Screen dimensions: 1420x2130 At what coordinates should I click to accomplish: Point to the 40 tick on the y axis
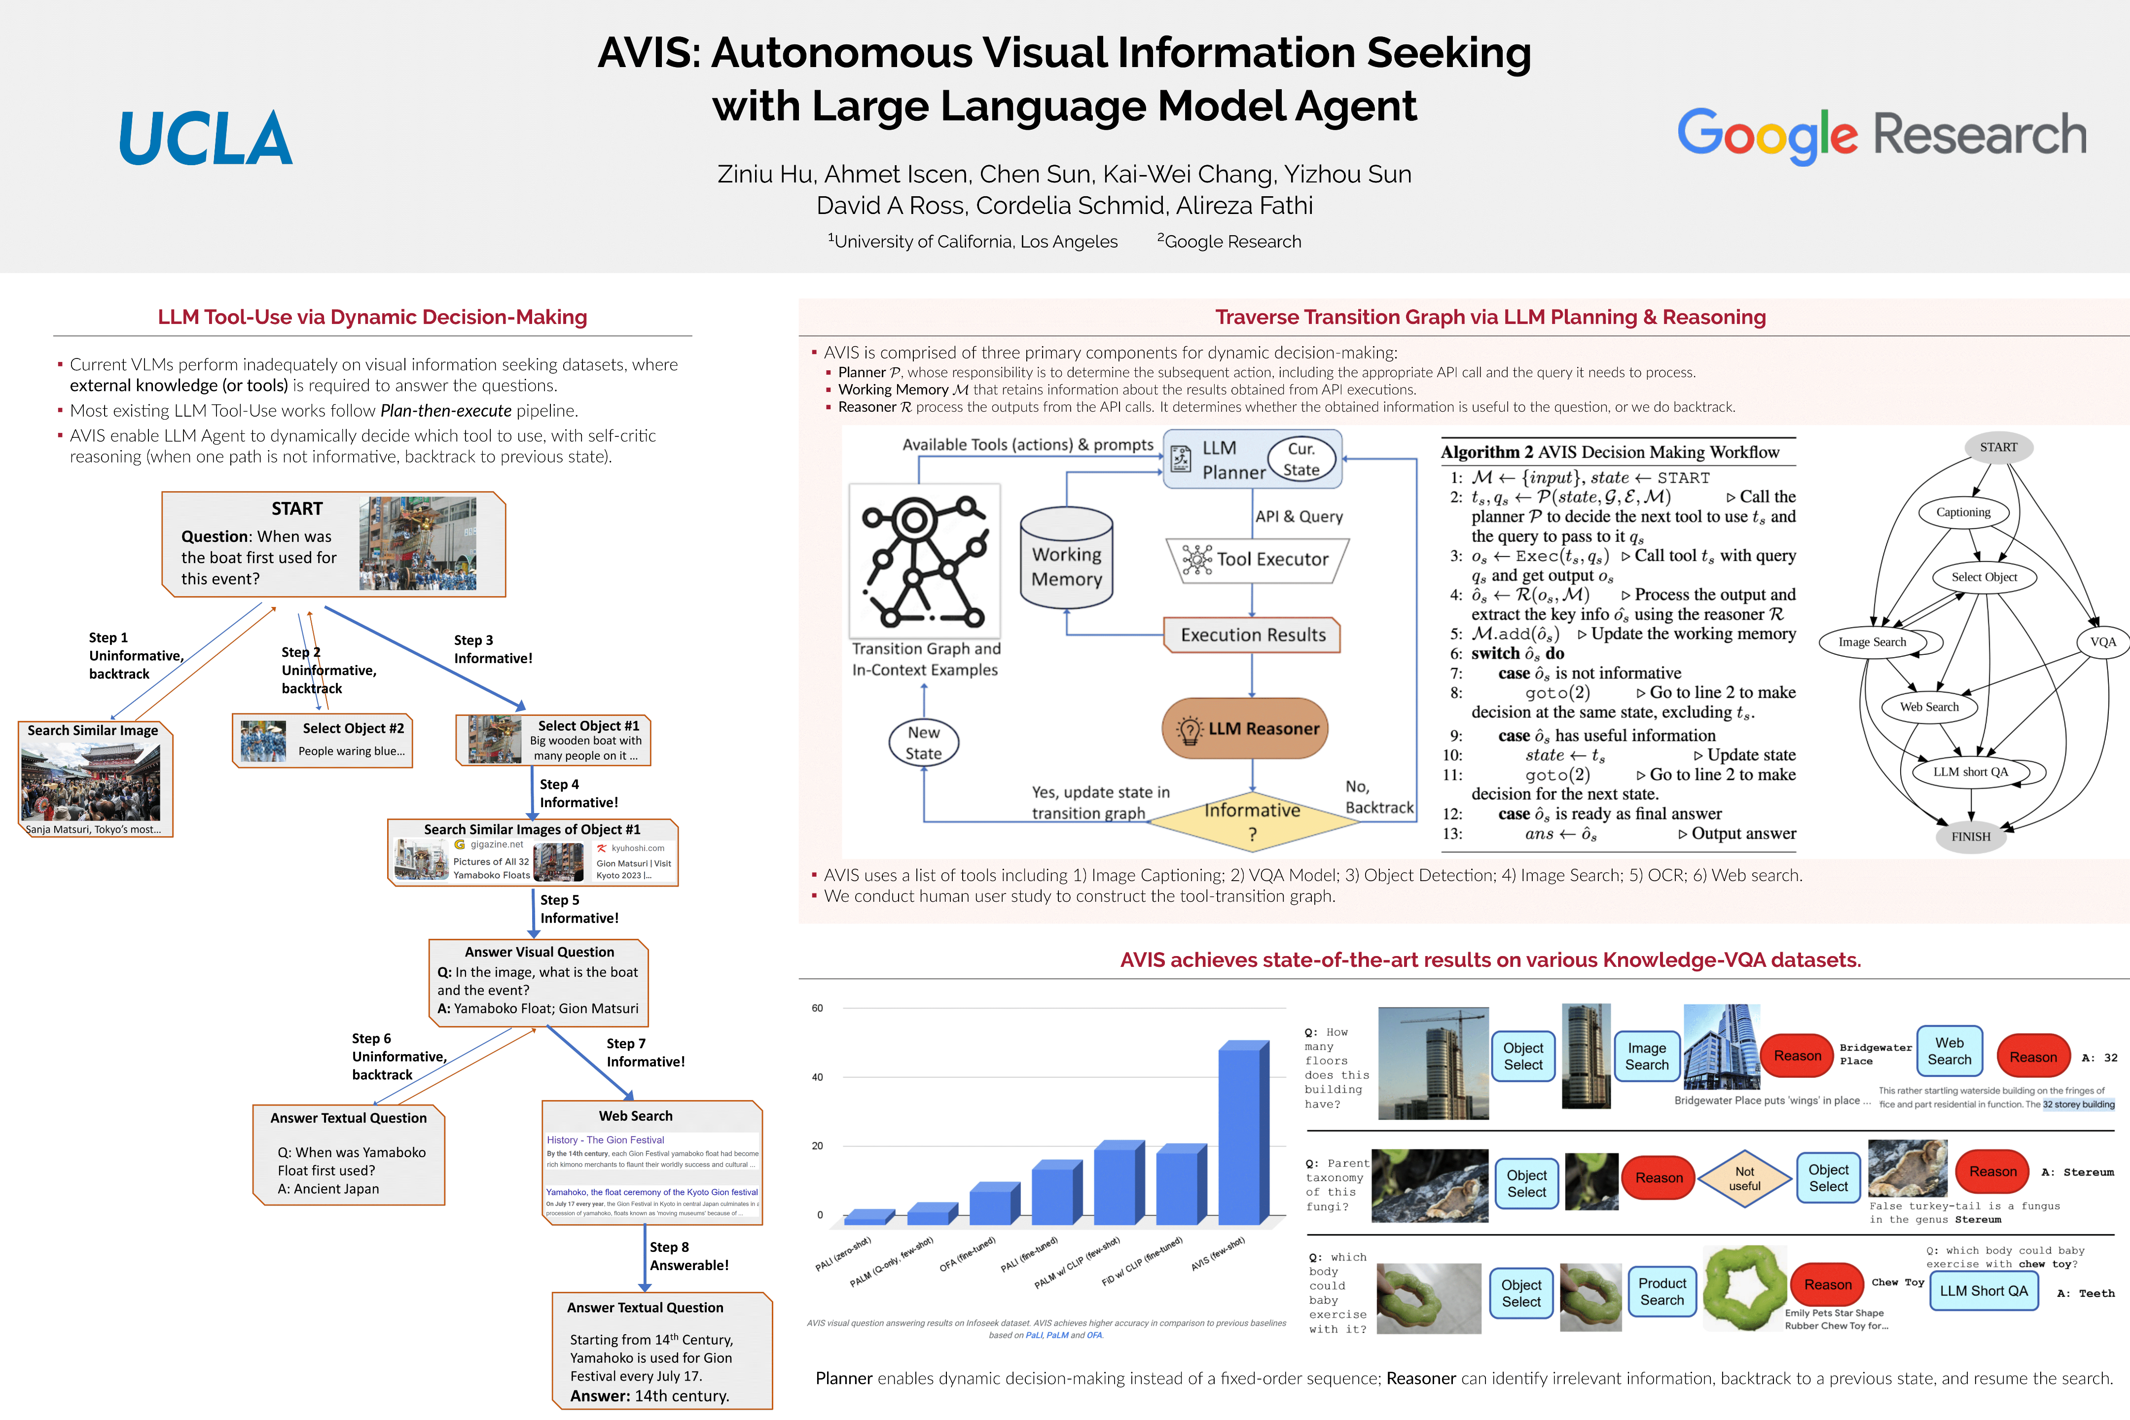pos(818,1077)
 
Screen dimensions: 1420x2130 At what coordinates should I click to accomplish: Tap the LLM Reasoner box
pos(1245,728)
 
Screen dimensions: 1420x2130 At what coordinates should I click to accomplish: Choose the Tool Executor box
pos(1257,560)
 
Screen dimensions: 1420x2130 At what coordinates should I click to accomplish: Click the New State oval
pos(924,743)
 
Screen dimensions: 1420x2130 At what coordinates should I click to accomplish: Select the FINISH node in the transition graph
pos(1971,836)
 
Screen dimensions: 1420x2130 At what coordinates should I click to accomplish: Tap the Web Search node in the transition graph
pos(1929,707)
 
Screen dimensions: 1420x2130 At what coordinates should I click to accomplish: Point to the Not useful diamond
pos(1744,1178)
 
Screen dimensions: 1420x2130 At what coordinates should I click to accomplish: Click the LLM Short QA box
pos(1984,1290)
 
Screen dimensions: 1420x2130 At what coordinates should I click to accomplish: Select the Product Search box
pos(1662,1291)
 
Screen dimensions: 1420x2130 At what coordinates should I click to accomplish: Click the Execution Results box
pos(1253,635)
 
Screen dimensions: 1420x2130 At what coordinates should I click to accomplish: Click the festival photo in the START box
pos(418,543)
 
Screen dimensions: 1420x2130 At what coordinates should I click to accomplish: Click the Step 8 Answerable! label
pos(688,1256)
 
